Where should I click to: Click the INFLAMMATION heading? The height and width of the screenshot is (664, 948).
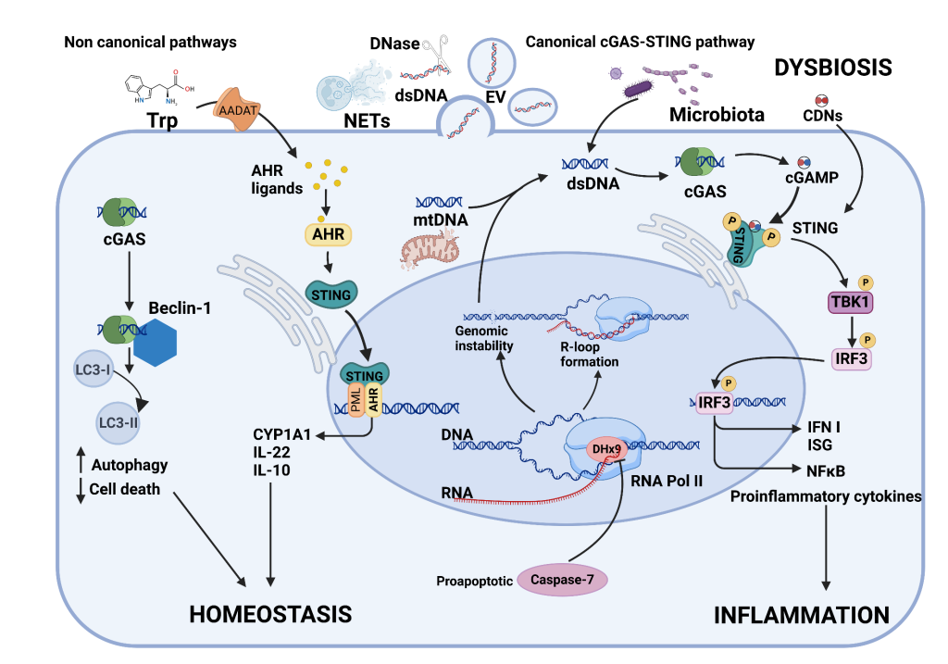802,615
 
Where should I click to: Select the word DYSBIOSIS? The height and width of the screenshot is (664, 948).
833,67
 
